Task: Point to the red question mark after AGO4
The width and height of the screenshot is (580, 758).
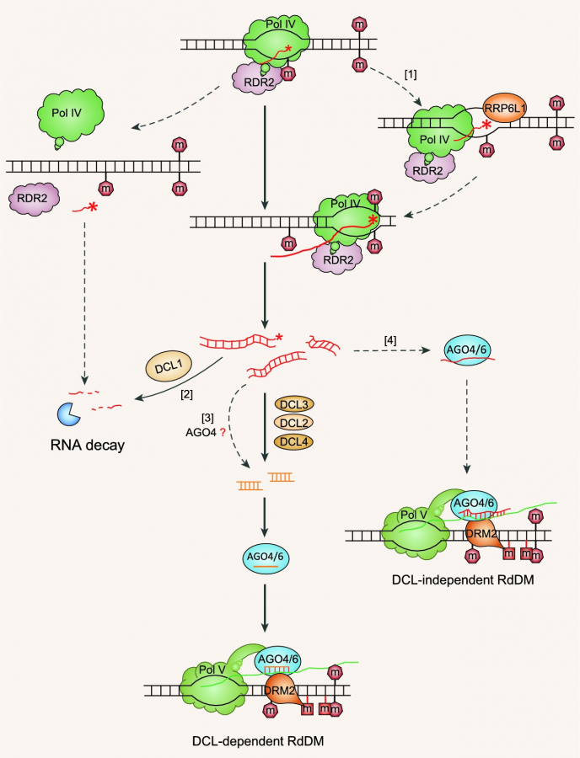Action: click(223, 432)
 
